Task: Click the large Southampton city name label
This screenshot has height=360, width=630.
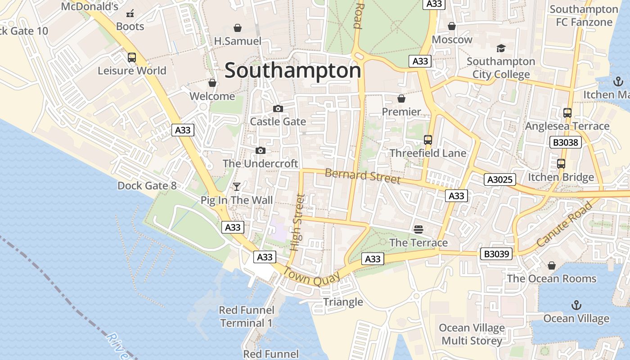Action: click(292, 71)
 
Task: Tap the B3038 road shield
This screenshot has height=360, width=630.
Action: click(566, 143)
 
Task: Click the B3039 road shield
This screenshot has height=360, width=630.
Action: click(497, 254)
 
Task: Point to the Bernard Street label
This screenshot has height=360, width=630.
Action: click(362, 176)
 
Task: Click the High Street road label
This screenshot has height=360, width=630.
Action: click(297, 222)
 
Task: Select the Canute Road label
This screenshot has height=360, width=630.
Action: click(564, 225)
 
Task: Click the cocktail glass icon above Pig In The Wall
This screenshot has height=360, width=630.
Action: click(237, 186)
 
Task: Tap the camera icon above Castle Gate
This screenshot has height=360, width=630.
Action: click(278, 108)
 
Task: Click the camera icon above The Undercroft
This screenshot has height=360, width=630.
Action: click(261, 151)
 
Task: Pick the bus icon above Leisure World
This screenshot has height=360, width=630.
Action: click(132, 58)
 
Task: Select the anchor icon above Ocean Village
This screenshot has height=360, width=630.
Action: click(576, 305)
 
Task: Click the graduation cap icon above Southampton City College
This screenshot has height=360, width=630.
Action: click(501, 48)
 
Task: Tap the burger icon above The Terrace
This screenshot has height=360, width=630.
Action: click(418, 229)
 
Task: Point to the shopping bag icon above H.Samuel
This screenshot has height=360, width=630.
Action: click(238, 28)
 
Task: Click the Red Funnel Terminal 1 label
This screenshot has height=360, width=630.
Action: click(246, 316)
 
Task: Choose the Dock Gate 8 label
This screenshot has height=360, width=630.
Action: click(147, 185)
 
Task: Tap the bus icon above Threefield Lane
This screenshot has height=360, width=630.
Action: click(428, 140)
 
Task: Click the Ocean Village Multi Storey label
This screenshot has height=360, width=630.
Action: click(472, 334)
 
